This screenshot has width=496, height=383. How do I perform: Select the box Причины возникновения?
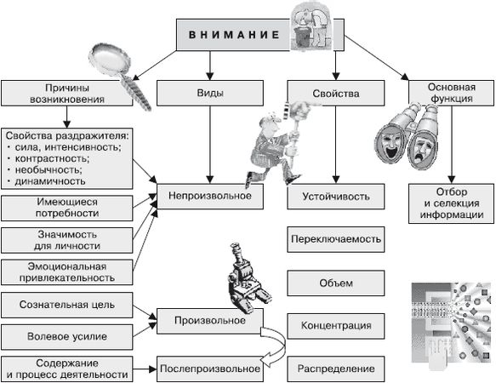67,93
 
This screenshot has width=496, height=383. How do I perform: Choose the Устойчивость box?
335,197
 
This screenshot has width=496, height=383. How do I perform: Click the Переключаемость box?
335,240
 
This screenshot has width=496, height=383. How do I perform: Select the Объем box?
335,283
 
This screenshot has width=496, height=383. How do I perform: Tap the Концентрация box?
335,326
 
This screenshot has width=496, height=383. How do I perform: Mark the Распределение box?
335,369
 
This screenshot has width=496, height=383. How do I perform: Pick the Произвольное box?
208,321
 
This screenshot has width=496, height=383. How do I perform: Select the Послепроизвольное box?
208,369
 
